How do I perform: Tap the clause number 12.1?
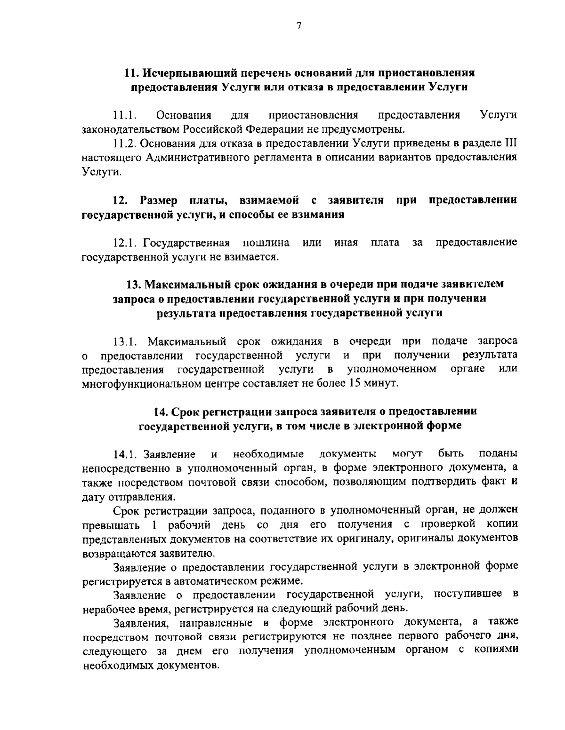click(x=126, y=243)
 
